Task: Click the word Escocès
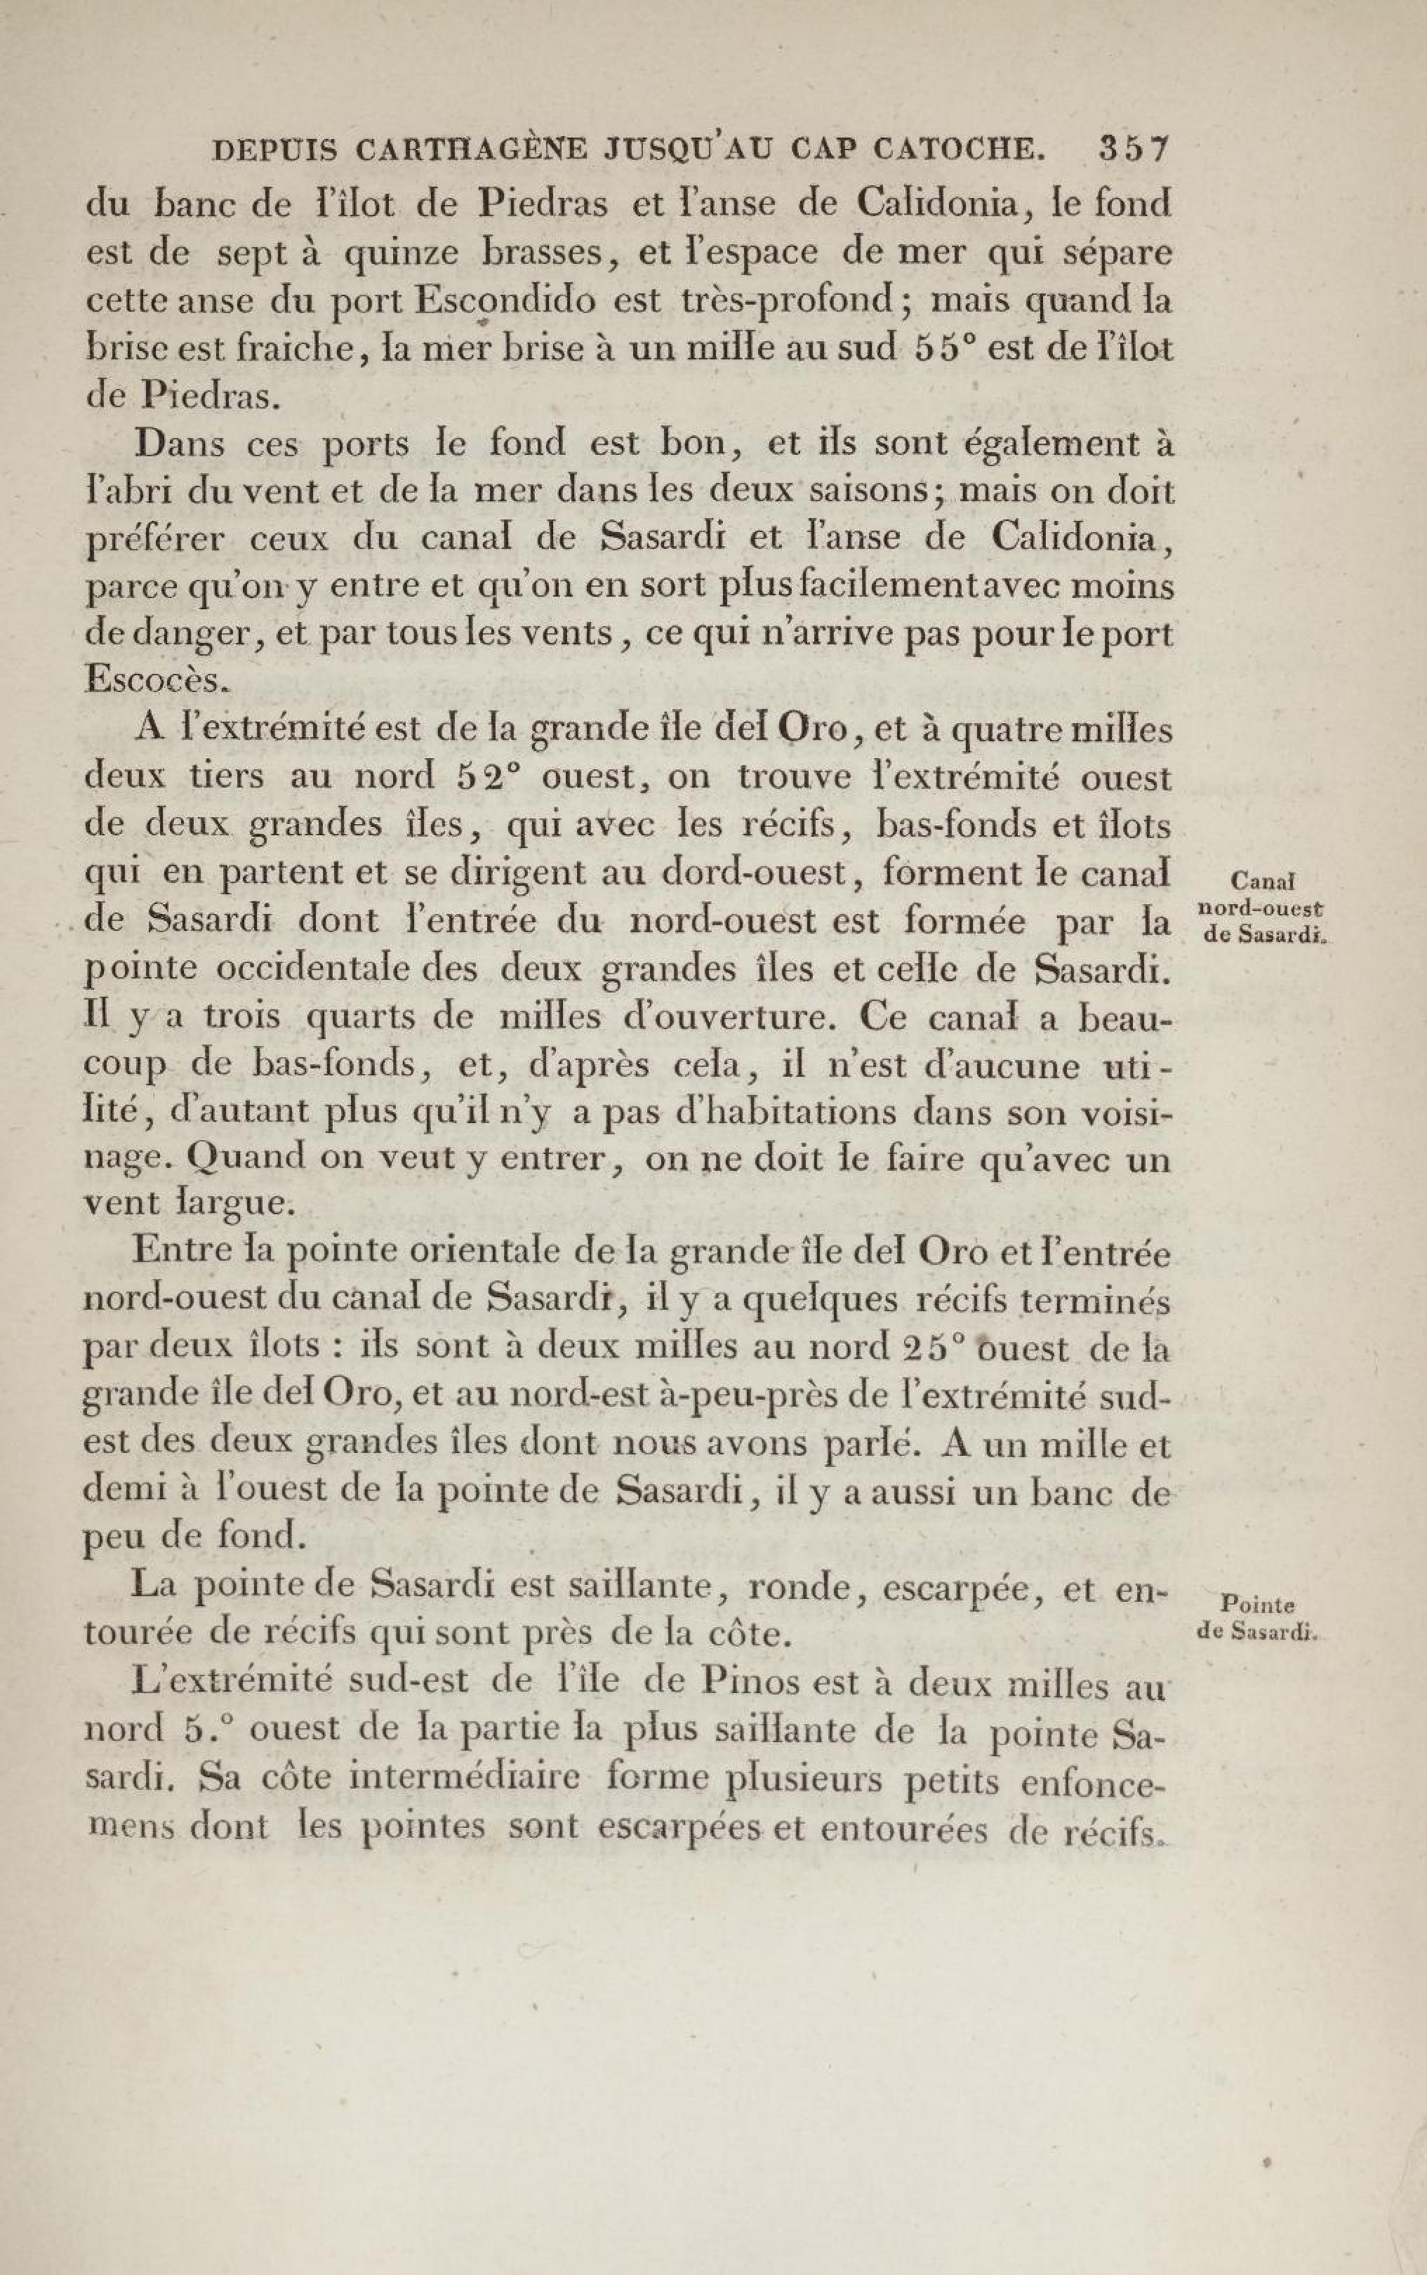point(156,679)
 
